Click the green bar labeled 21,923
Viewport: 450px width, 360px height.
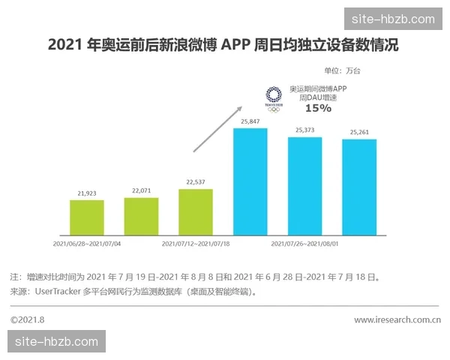pos(87,217)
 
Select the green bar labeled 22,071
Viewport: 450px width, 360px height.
pos(141,215)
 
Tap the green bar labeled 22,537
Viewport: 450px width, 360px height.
pos(196,211)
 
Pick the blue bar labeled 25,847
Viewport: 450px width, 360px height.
pos(250,181)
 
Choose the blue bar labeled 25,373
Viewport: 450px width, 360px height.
pos(305,185)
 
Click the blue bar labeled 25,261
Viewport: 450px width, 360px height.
pos(359,187)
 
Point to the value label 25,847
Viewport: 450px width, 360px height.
pos(250,121)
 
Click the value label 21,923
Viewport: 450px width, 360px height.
pos(87,193)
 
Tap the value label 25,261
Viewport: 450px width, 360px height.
pos(359,133)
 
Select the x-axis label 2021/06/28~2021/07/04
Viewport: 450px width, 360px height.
pos(88,244)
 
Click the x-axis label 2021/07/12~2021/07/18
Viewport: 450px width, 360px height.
pos(196,244)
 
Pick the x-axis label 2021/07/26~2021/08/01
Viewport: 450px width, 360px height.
pos(305,244)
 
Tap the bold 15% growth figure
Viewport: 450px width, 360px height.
pos(318,108)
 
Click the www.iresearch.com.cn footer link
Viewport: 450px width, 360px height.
pos(397,320)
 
